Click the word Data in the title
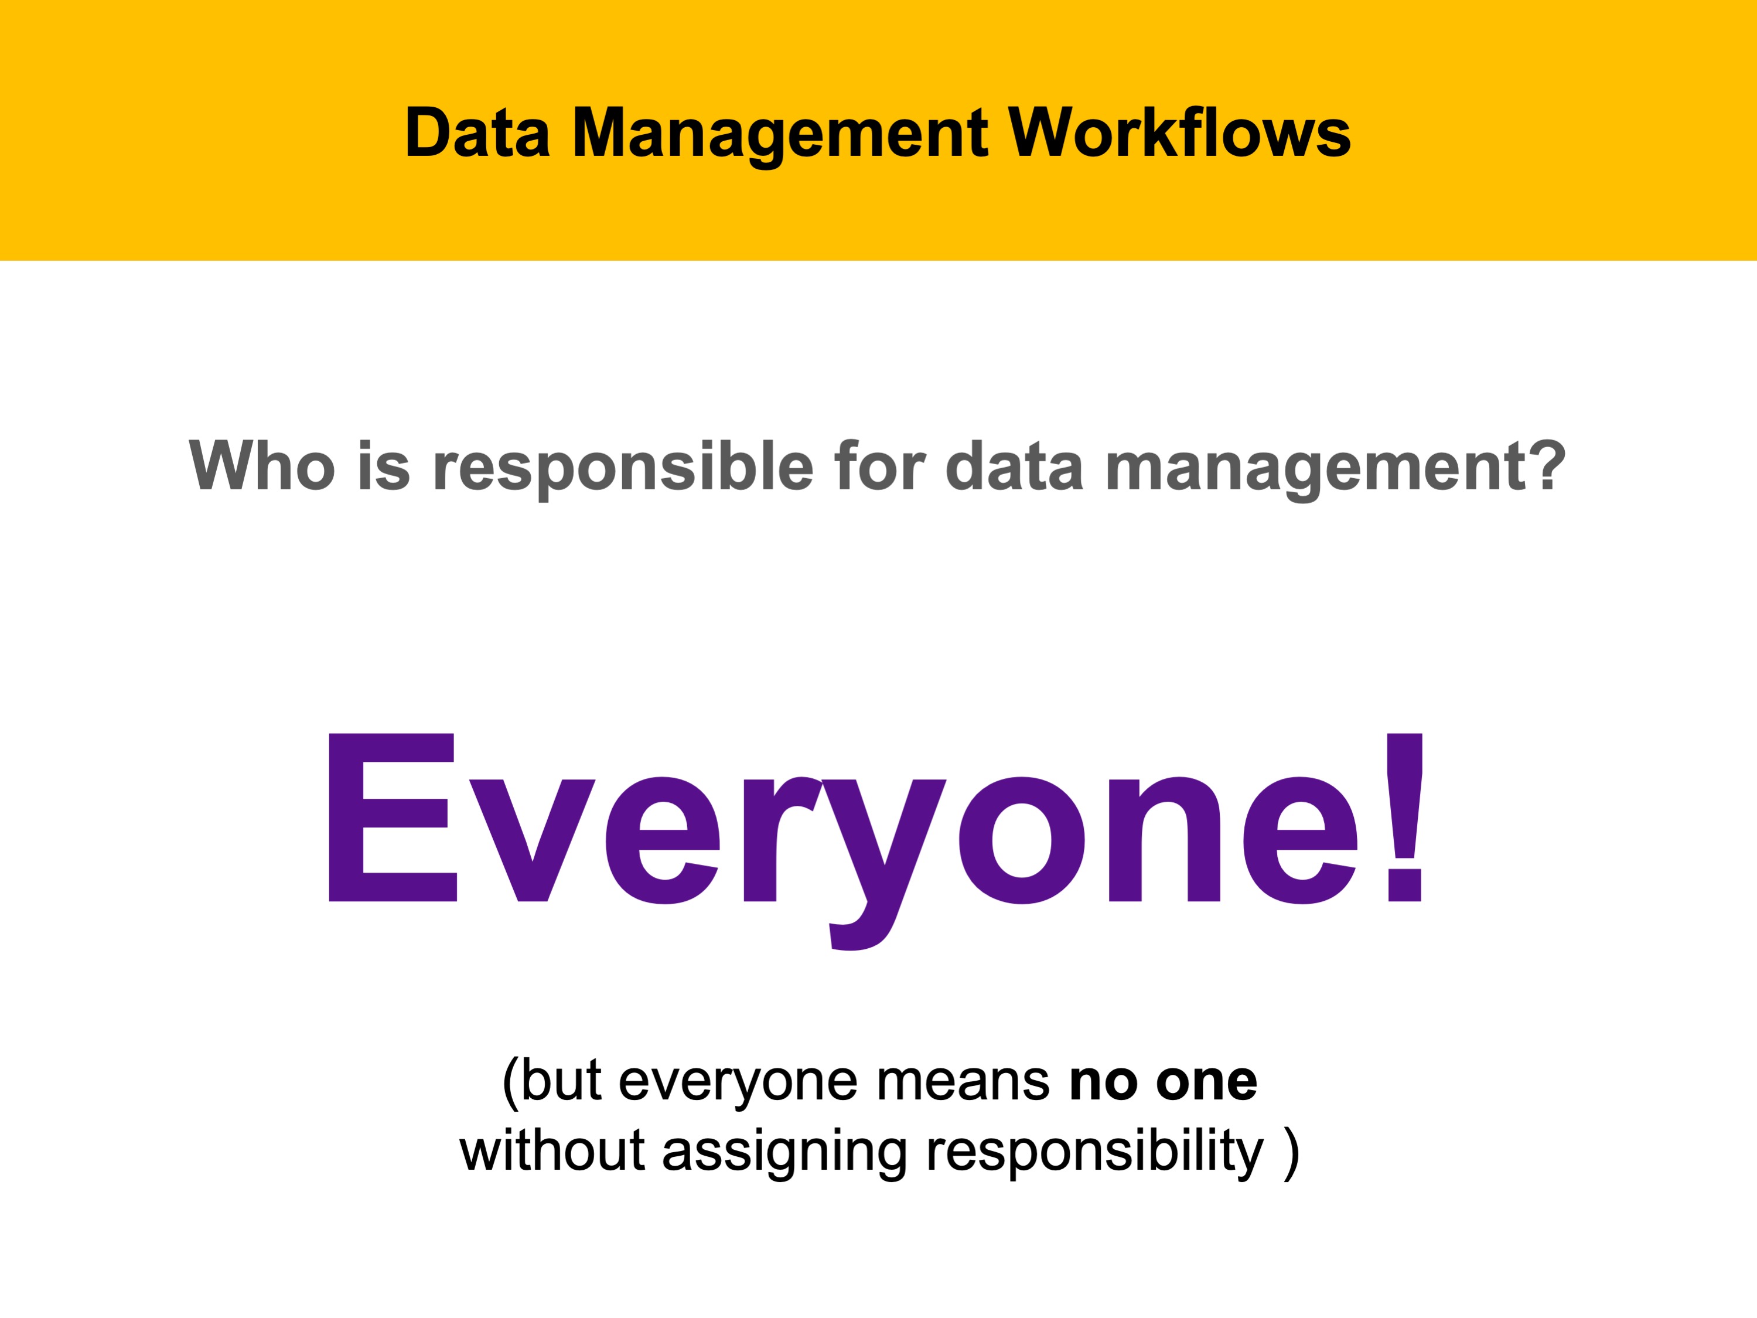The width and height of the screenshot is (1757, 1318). [477, 132]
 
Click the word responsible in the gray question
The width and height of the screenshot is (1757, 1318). [623, 469]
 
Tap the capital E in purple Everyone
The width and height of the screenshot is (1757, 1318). [393, 817]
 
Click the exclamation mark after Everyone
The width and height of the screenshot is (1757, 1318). [1405, 817]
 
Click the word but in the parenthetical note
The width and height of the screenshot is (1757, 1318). [562, 1081]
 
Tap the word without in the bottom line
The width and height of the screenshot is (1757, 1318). [552, 1150]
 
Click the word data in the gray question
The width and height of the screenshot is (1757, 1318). [1014, 466]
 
